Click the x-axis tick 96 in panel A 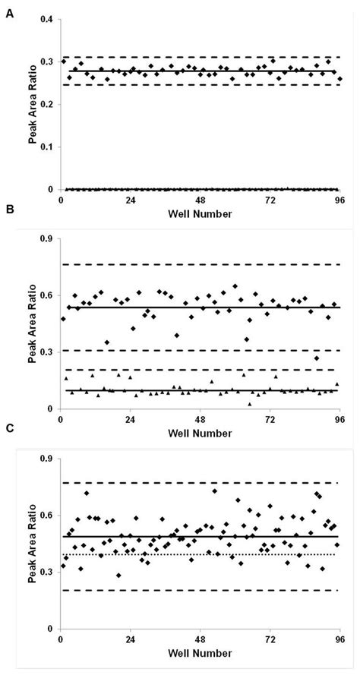coord(339,200)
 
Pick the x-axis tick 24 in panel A coord(130,200)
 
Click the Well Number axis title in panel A coord(200,214)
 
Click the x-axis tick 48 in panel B coord(200,419)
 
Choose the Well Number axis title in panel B coord(200,434)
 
